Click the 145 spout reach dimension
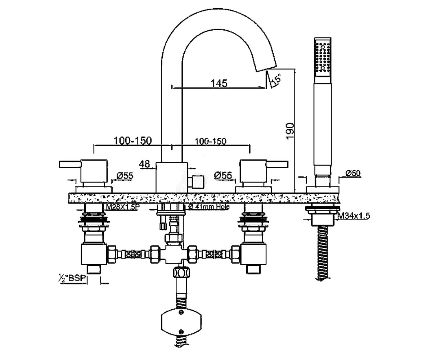tap(219, 84)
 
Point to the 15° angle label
tap(276, 80)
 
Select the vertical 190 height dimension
tap(290, 131)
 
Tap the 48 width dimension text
tap(144, 164)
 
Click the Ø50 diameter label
tap(353, 173)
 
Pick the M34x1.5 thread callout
tap(354, 216)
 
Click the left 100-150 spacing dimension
tap(132, 141)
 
